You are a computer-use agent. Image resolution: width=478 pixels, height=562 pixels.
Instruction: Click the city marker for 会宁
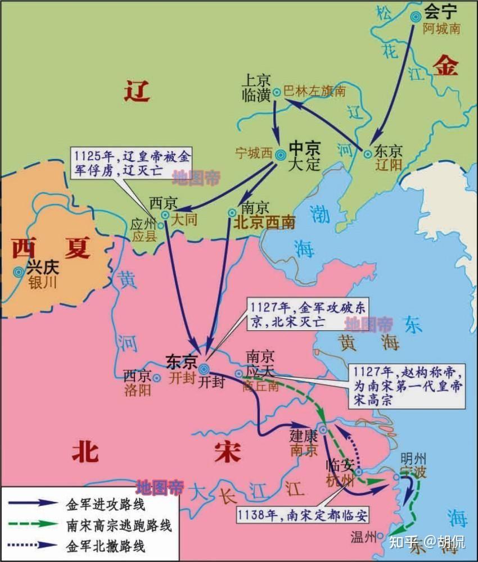tap(416, 17)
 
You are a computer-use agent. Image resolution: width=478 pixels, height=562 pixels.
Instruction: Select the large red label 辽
tap(137, 90)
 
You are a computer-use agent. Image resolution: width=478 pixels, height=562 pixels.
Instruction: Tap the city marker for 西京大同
tap(165, 215)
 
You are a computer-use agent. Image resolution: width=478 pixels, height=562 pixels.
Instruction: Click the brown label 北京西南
tap(264, 222)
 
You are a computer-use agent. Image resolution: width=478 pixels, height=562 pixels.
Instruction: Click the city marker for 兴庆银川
tap(19, 272)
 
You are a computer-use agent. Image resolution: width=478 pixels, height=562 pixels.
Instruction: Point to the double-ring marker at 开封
tap(204, 369)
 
